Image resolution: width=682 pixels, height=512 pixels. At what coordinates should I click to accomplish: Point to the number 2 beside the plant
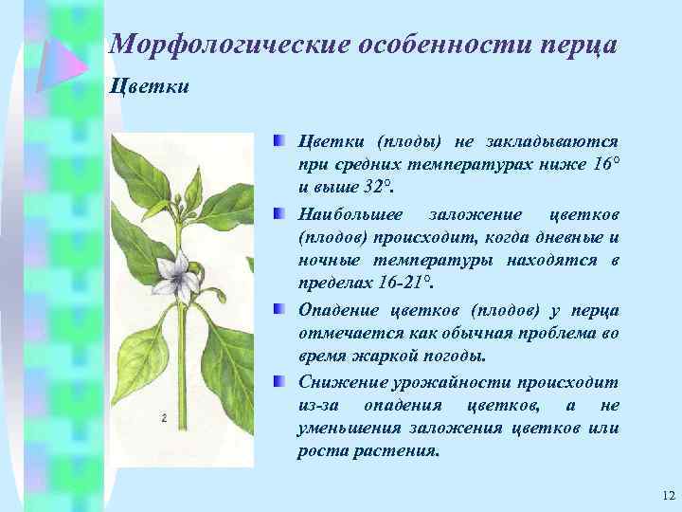(164, 418)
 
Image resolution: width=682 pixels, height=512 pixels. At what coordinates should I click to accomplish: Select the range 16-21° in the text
(401, 283)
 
